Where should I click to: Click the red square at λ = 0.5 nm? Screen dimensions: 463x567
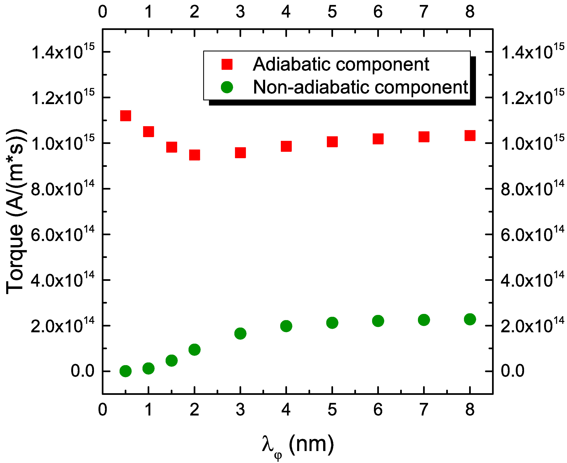pyautogui.click(x=126, y=116)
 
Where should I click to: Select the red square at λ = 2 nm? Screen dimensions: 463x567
pyautogui.click(x=195, y=155)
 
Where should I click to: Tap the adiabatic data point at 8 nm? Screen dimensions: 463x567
pyautogui.click(x=470, y=135)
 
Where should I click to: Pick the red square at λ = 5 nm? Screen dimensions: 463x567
pyautogui.click(x=332, y=142)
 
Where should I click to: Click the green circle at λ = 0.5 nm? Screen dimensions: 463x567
pyautogui.click(x=126, y=371)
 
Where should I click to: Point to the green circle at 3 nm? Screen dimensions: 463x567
pyautogui.click(x=240, y=333)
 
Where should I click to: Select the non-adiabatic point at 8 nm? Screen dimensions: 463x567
pyautogui.click(x=470, y=319)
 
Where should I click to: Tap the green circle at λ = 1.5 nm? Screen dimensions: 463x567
pyautogui.click(x=172, y=361)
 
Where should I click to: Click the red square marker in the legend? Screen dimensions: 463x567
pyautogui.click(x=227, y=64)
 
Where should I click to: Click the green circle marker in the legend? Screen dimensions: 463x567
pyautogui.click(x=227, y=87)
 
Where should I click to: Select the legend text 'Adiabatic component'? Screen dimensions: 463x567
pyautogui.click(x=341, y=64)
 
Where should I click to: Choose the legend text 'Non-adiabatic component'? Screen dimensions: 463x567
pyautogui.click(x=360, y=87)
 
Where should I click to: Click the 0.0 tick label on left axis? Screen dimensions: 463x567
pyautogui.click(x=82, y=371)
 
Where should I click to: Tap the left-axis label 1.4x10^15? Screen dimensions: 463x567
pyautogui.click(x=63, y=52)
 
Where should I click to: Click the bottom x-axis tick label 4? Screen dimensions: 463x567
pyautogui.click(x=286, y=410)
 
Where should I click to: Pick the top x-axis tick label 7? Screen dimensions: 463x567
pyautogui.click(x=424, y=12)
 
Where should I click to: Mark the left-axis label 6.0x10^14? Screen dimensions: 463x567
pyautogui.click(x=63, y=234)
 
